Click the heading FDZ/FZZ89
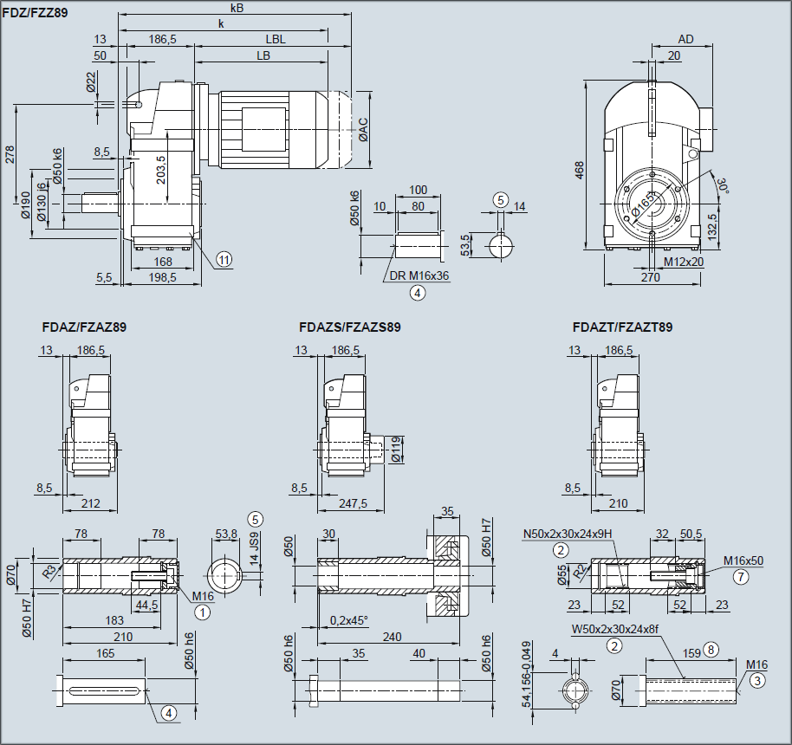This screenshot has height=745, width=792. coord(36,13)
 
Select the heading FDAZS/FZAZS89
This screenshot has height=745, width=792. coord(349,327)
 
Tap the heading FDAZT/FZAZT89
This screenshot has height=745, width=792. coord(622,327)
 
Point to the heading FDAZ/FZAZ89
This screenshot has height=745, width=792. coord(84,327)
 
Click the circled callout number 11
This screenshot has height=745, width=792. coord(224,258)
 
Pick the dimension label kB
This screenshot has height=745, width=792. coord(237,8)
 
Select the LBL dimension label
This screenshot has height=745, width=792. coord(276,39)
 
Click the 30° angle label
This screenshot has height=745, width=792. coord(721,185)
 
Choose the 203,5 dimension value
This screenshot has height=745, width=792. coord(160,170)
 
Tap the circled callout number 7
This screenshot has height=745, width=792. coord(739,575)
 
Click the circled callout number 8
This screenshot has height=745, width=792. coord(711,648)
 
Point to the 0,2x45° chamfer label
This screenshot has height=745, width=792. coord(349,620)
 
